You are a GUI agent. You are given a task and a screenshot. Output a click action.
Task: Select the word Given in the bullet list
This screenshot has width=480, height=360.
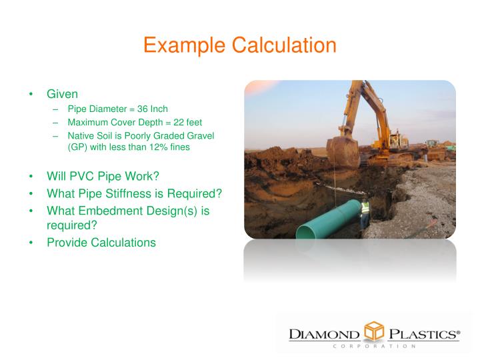[62, 94]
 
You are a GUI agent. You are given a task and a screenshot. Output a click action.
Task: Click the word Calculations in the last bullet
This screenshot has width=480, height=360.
[122, 242]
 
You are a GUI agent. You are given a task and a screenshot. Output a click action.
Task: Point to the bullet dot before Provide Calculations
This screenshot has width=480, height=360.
[32, 242]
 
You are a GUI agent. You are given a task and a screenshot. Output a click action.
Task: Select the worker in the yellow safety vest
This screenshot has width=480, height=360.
[365, 215]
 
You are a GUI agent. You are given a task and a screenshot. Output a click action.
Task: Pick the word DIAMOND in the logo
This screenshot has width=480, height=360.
[325, 333]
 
